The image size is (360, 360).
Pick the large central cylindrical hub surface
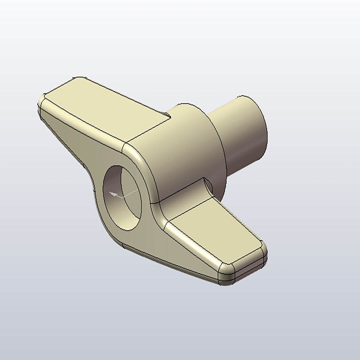[180, 151]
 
